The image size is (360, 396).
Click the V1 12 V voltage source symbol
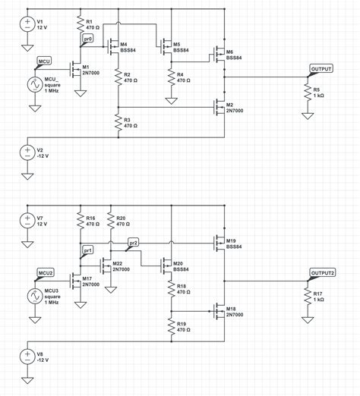[27, 23]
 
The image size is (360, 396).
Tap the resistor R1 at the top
[79, 24]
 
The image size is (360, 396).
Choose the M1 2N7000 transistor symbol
[76, 71]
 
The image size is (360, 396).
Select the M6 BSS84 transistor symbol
[219, 55]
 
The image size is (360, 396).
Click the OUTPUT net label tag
[321, 69]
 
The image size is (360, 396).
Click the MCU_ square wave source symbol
[35, 84]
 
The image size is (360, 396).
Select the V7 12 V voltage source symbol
[27, 222]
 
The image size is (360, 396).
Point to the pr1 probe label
[87, 250]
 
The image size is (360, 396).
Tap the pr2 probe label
[133, 243]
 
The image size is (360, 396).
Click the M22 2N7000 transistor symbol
[106, 266]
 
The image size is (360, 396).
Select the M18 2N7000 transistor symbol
[219, 312]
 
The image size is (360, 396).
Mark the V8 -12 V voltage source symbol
[27, 357]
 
